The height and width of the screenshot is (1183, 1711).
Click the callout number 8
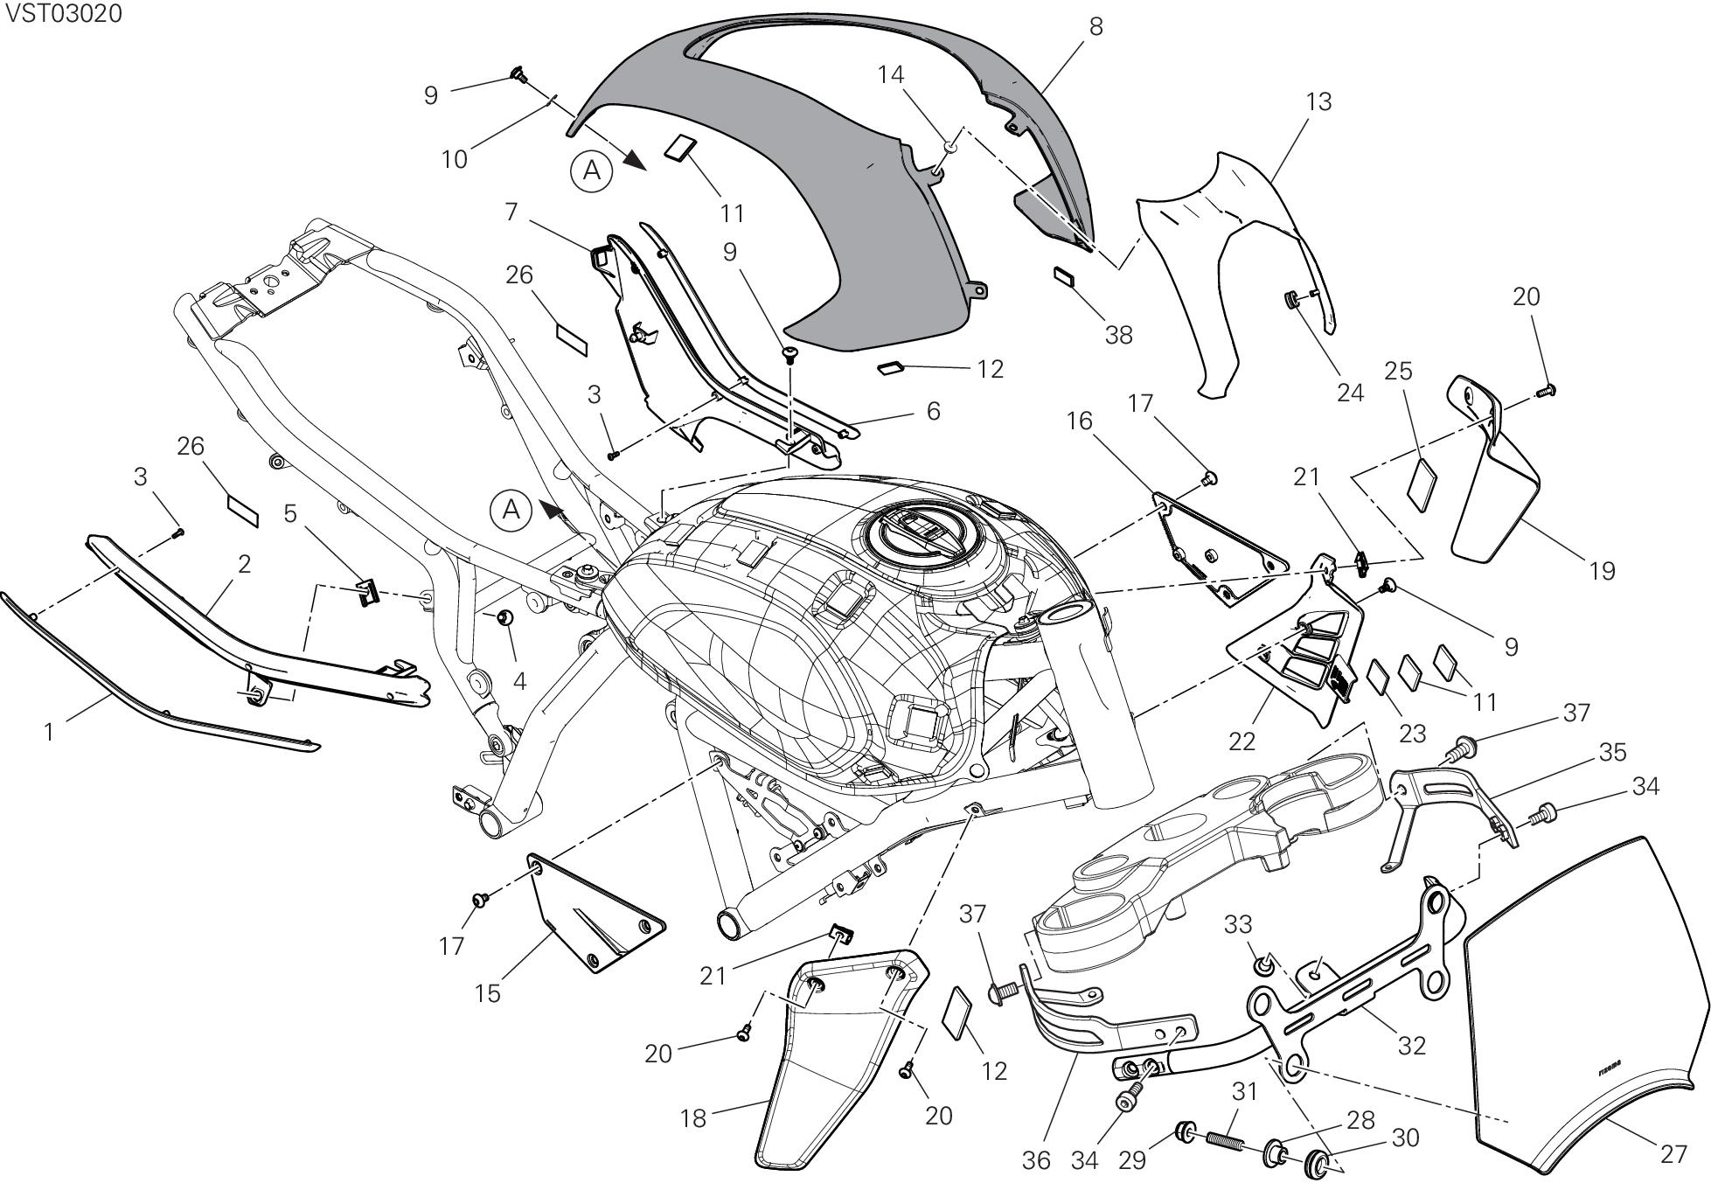[x=1095, y=27]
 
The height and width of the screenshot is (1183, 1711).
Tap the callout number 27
[x=1673, y=1154]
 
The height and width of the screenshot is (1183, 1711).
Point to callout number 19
[x=1602, y=571]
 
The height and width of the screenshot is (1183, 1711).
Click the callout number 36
[x=1036, y=1160]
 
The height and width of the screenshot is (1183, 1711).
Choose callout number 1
[x=50, y=731]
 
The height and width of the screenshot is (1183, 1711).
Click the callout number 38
[x=1118, y=335]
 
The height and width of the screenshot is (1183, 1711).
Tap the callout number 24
[x=1350, y=393]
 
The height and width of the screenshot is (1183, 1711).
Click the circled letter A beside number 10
[x=592, y=171]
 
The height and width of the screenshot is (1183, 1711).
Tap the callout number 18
[x=692, y=1117]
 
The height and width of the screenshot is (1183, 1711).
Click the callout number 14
[x=891, y=75]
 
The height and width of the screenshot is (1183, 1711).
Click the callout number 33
[x=1238, y=923]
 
